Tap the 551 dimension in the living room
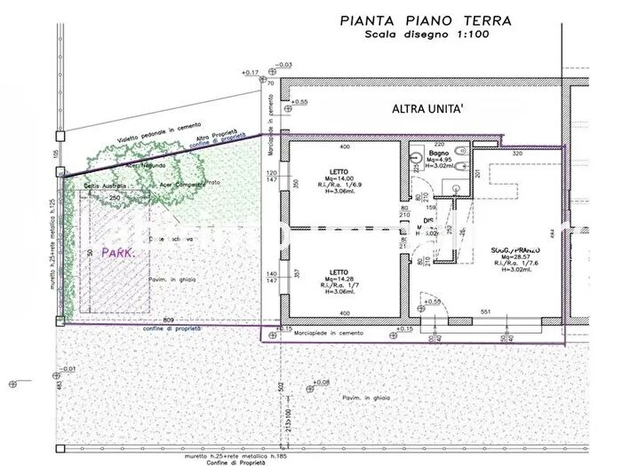click(x=487, y=312)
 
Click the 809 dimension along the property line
click(x=169, y=320)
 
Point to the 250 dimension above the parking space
click(x=115, y=196)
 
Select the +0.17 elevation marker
click(x=251, y=73)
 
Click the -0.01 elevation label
click(x=68, y=368)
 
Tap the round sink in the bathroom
click(x=416, y=169)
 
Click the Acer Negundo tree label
click(x=148, y=165)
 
